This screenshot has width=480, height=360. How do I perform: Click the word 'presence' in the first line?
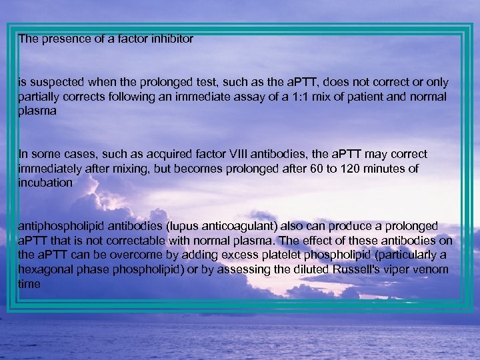click(62, 39)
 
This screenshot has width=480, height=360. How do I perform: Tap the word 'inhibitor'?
click(171, 39)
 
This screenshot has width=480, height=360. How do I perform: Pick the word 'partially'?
click(37, 97)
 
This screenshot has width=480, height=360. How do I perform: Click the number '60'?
click(319, 169)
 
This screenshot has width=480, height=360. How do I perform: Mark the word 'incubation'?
click(45, 183)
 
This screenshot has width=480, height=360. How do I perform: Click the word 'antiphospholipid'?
click(59, 227)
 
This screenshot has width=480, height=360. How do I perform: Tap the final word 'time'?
click(29, 284)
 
